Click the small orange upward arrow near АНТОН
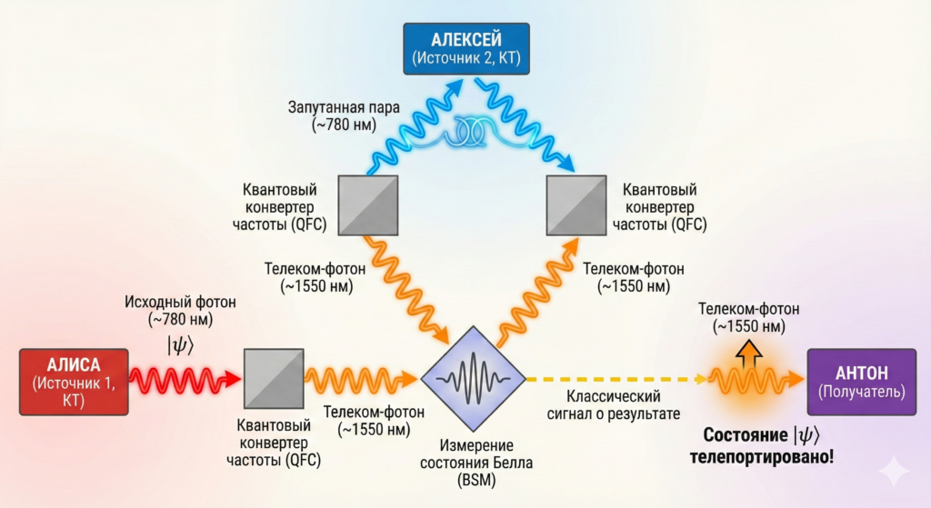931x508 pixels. [749, 351]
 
